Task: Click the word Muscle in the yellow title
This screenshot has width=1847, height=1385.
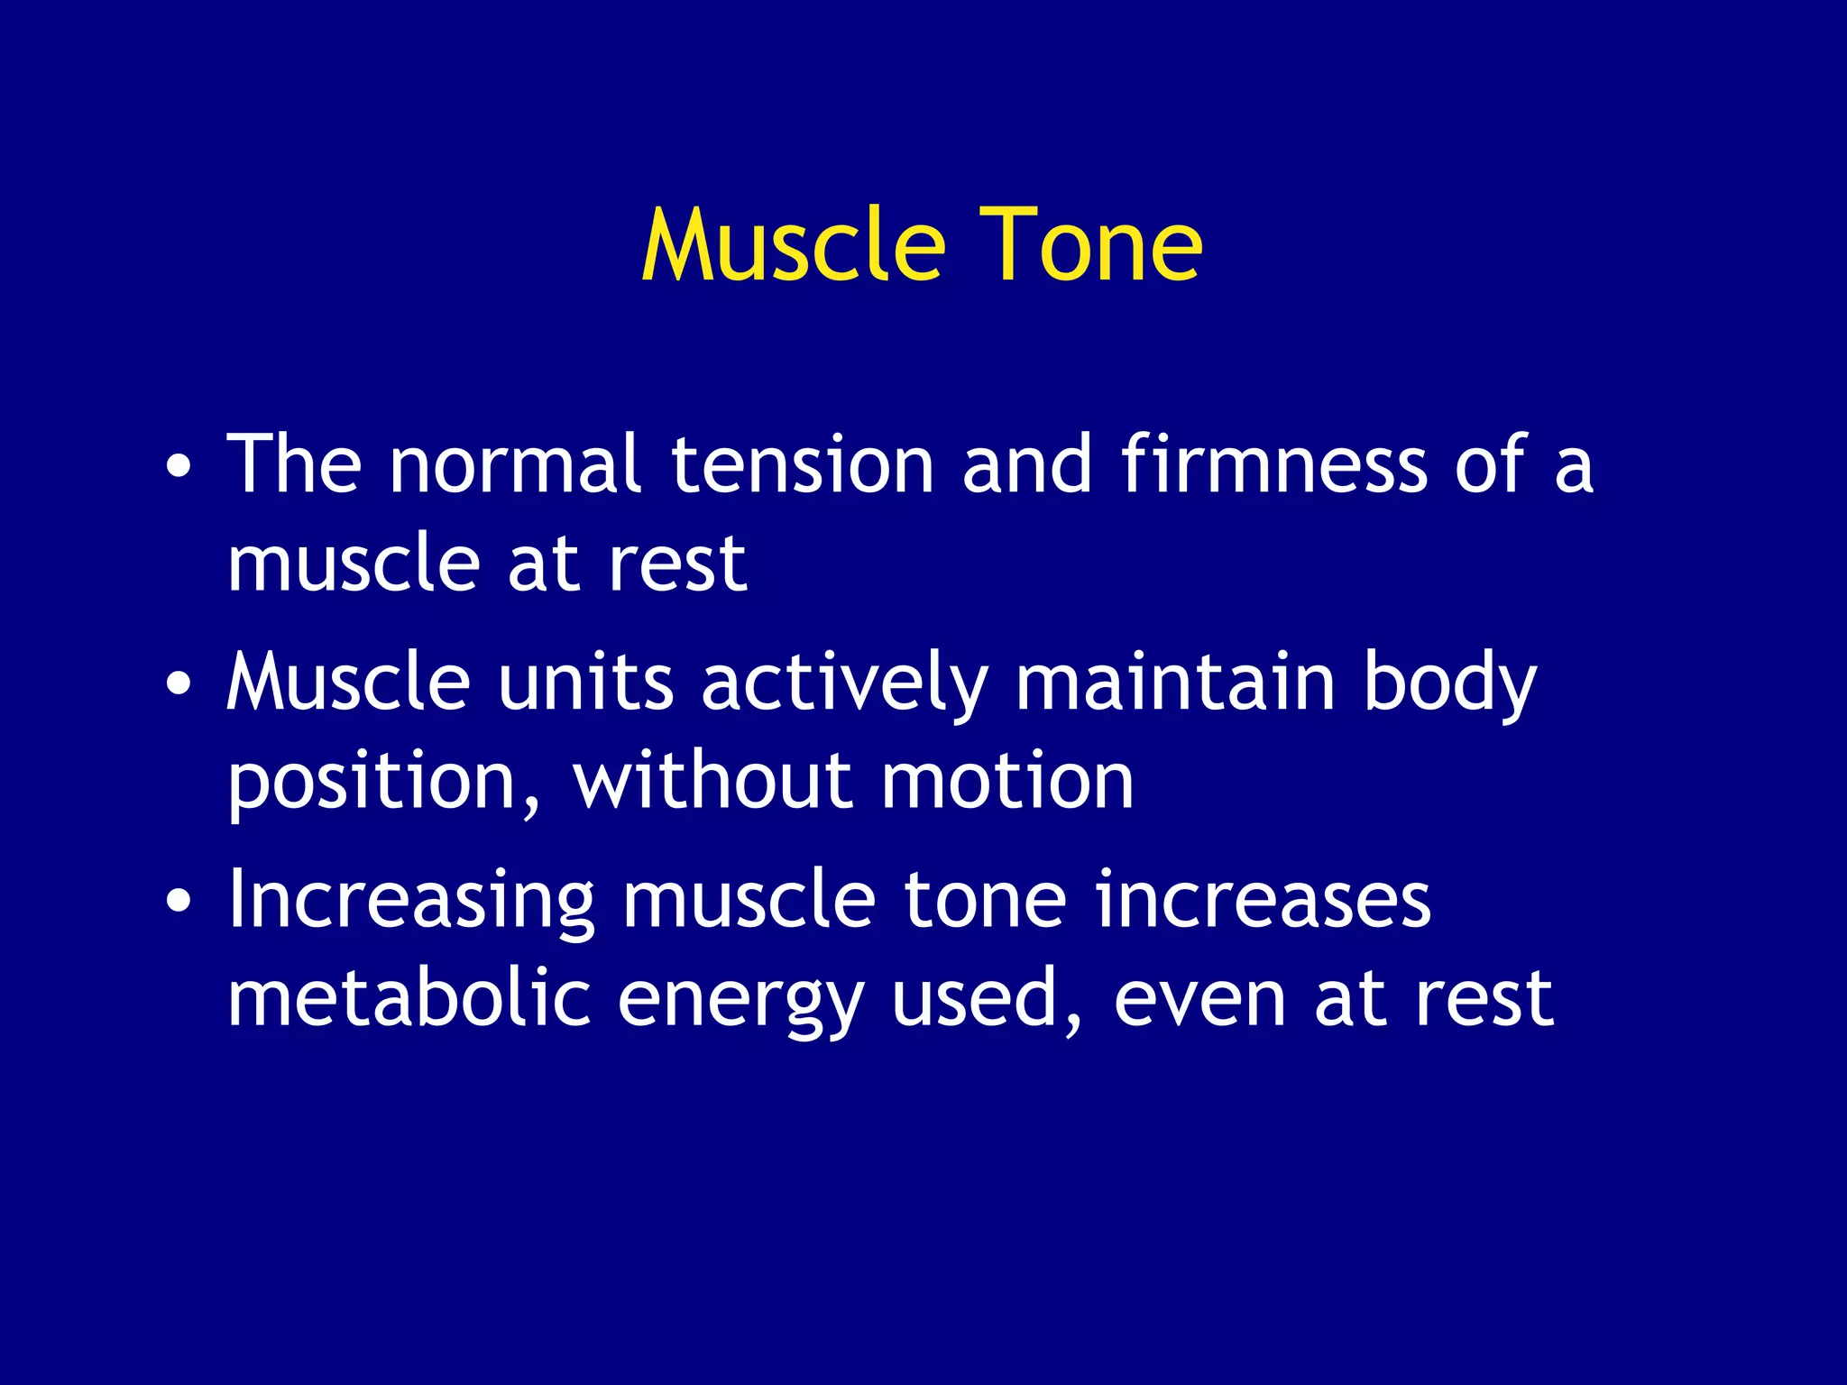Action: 793,245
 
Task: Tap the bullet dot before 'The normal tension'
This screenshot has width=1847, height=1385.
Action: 179,467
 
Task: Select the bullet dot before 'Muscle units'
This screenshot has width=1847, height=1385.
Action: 179,683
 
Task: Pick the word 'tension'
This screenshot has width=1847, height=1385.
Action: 802,464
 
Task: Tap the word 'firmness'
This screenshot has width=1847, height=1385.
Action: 1273,464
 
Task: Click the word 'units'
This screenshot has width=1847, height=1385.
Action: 585,683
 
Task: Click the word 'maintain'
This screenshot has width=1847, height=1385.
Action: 1174,683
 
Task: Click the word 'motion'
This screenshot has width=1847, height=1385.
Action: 1006,780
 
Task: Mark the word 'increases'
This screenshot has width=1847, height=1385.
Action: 1263,900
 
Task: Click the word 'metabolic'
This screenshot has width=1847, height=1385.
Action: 409,998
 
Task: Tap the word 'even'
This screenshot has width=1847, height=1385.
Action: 1199,998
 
